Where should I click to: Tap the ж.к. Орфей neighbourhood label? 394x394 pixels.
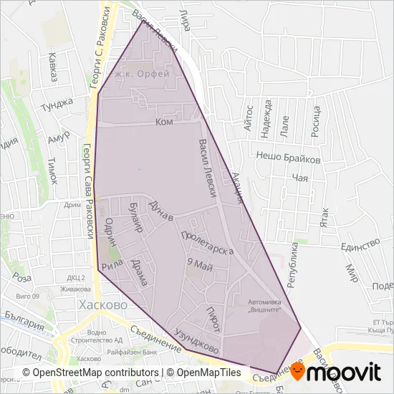tap(143, 74)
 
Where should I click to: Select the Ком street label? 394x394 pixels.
tap(164, 122)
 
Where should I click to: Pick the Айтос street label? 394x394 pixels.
tap(248, 116)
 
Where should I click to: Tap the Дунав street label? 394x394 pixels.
tap(159, 210)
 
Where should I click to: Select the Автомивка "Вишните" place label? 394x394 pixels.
tap(265, 305)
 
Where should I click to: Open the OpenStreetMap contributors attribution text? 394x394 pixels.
tap(92, 373)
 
